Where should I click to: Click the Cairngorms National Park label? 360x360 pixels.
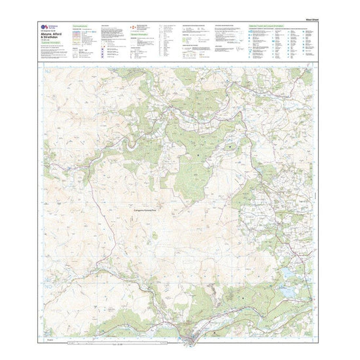(147, 209)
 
